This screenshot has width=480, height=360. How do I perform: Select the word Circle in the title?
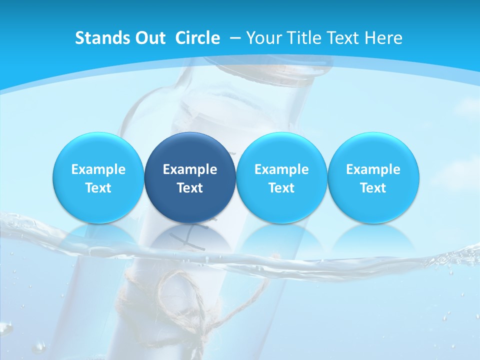click(197, 38)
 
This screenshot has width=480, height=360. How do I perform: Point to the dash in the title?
click(234, 38)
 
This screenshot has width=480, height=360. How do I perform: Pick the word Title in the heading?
click(302, 38)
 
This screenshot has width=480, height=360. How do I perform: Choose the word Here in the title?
click(383, 38)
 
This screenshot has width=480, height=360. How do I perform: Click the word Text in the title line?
click(343, 38)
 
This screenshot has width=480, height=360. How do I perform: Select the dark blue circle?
click(190, 177)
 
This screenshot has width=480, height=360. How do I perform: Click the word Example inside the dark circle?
click(190, 169)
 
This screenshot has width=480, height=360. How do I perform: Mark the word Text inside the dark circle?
click(190, 188)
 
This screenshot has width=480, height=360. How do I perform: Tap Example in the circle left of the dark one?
click(98, 169)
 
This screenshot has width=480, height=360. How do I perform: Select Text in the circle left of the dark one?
click(98, 188)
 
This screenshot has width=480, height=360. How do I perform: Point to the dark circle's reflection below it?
click(190, 237)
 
